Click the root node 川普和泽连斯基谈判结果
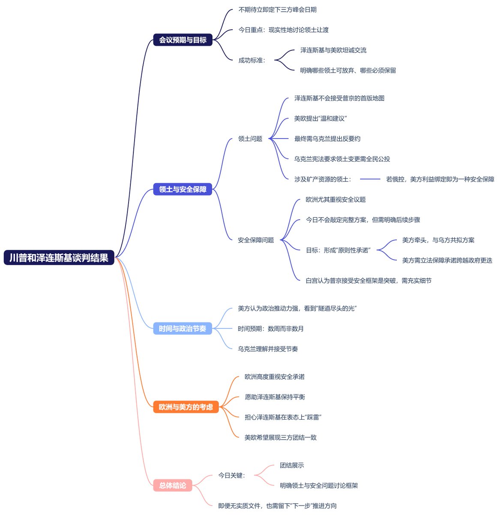click(59, 257)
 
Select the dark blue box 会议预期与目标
click(183, 40)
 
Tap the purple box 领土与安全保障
click(183, 189)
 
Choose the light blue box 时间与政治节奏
click(183, 328)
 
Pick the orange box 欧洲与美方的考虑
click(186, 407)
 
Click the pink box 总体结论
click(172, 485)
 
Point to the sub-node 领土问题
click(250, 139)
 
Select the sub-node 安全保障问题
click(256, 240)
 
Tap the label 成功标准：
click(252, 61)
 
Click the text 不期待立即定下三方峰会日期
click(277, 10)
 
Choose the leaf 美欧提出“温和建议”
click(320, 118)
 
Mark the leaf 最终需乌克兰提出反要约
click(327, 139)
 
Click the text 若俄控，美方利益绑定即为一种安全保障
click(440, 179)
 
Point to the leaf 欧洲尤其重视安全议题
click(336, 200)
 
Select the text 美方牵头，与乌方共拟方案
click(438, 240)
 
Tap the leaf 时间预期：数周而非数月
click(271, 328)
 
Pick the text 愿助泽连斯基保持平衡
click(275, 397)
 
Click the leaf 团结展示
click(292, 465)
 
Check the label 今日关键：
click(232, 476)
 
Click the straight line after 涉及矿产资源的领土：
click(370, 179)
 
